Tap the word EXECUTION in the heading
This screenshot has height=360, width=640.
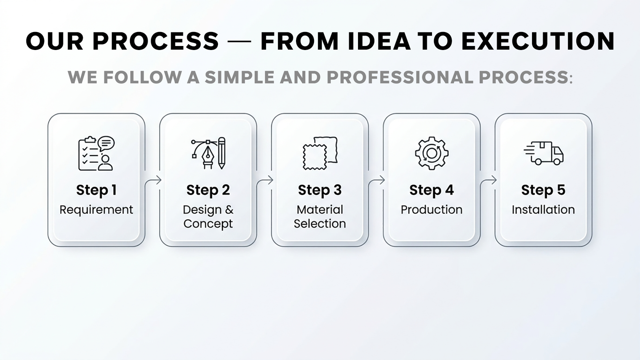[538, 42]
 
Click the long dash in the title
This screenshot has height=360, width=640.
[240, 42]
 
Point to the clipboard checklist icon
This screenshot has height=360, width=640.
[96, 154]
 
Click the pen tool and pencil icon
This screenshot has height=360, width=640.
[208, 153]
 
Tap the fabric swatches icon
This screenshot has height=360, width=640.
[320, 154]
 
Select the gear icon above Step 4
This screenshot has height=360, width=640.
[432, 154]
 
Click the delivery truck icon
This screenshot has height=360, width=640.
[544, 153]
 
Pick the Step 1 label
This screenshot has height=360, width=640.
[96, 190]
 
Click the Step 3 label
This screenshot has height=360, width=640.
[320, 190]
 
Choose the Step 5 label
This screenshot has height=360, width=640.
[543, 190]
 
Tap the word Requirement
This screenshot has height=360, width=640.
[96, 210]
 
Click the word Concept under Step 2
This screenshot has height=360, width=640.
[208, 224]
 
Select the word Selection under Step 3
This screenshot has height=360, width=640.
[320, 224]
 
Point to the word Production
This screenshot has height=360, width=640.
[432, 210]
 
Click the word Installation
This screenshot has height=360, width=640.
[543, 210]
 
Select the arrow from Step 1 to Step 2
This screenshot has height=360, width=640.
[152, 180]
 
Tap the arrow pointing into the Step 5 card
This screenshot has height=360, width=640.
[488, 180]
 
